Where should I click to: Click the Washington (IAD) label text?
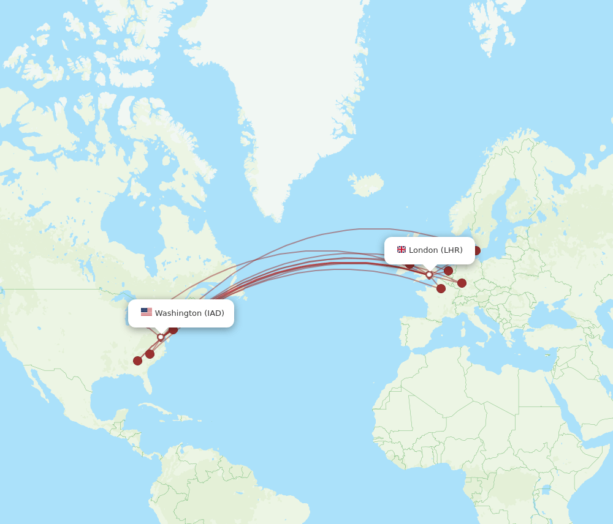click(x=189, y=313)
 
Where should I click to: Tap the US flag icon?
click(x=147, y=312)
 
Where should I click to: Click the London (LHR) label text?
click(x=436, y=250)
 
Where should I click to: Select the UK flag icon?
click(x=402, y=250)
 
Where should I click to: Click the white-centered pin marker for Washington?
click(x=161, y=337)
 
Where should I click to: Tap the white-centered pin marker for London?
click(x=429, y=275)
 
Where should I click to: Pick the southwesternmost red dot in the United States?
click(x=137, y=361)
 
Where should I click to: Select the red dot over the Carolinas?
click(x=150, y=354)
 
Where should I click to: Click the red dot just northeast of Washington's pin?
click(x=173, y=329)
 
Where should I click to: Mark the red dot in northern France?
click(x=441, y=288)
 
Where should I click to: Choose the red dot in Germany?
click(x=462, y=283)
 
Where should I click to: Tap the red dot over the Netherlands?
click(x=448, y=271)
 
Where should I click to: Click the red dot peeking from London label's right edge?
click(x=476, y=250)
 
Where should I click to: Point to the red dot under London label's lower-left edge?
click(x=409, y=264)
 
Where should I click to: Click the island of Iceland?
click(x=366, y=184)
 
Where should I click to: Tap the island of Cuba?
click(x=161, y=410)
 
